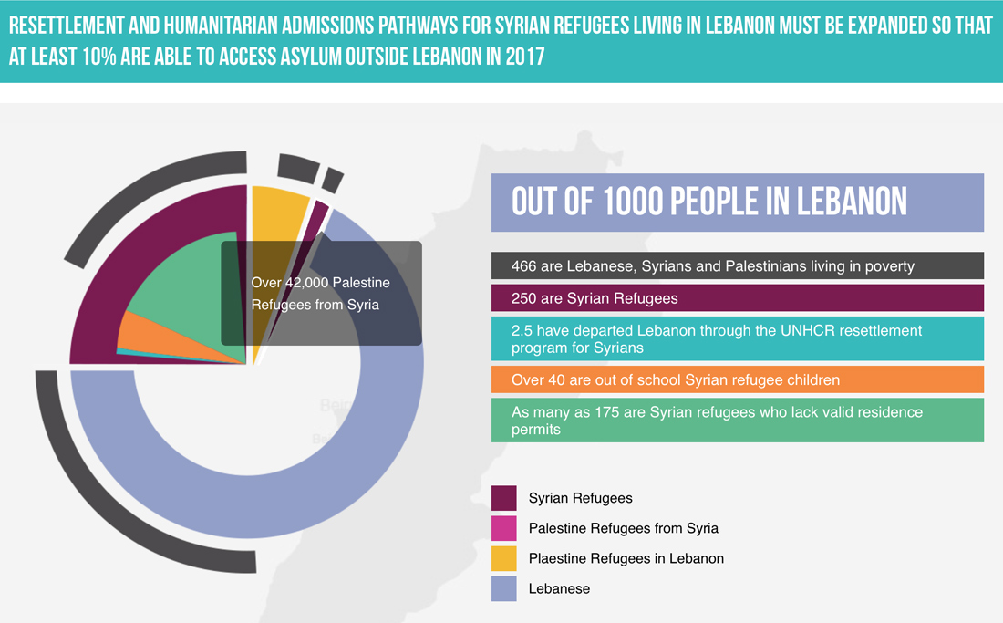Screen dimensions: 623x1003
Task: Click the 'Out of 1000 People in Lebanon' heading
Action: (709, 202)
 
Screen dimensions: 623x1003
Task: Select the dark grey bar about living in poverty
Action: (737, 266)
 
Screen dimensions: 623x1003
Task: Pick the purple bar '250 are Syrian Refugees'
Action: (737, 298)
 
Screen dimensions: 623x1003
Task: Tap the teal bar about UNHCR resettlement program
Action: (737, 339)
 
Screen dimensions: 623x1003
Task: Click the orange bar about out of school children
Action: (737, 379)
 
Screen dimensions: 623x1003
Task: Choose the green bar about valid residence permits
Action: (737, 421)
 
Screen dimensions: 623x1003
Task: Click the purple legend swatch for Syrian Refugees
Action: (504, 498)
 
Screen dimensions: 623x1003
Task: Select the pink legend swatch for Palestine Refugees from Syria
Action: (504, 528)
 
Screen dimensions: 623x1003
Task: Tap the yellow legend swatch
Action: (504, 558)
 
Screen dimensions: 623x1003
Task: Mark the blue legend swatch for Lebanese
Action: (504, 588)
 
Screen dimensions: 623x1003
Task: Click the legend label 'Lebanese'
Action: (559, 588)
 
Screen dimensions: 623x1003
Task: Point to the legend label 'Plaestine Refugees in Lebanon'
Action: (626, 558)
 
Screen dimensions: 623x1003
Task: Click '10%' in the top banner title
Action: (115, 57)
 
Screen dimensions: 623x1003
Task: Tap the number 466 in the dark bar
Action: (525, 266)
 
